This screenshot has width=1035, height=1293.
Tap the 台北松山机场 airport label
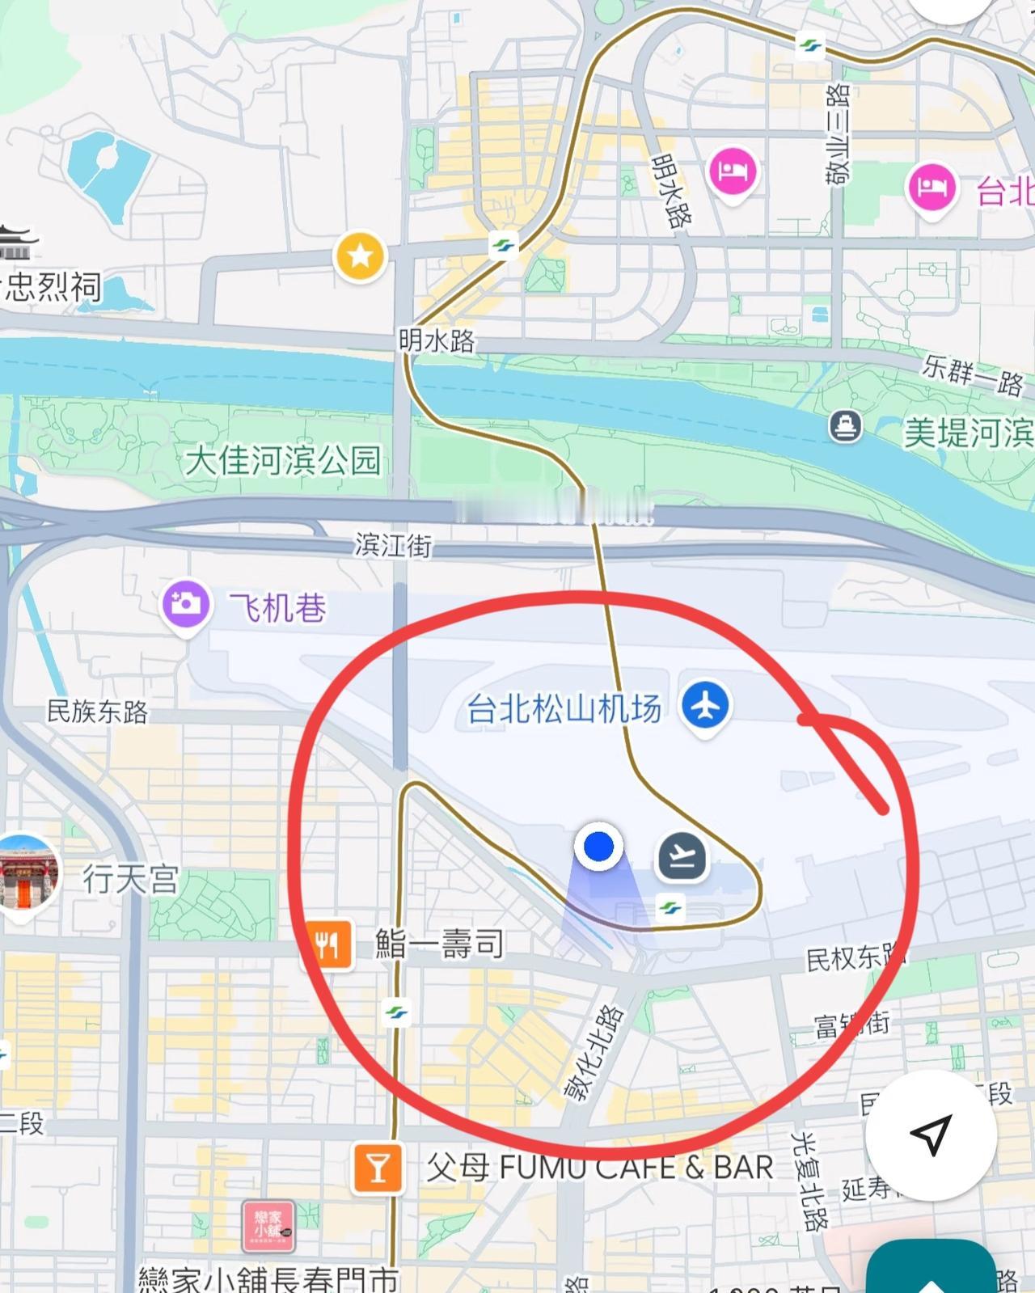tap(564, 709)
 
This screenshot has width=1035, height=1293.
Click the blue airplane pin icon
tap(705, 706)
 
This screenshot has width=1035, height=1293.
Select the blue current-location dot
tap(598, 847)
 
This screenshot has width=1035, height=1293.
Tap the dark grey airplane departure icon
tap(682, 856)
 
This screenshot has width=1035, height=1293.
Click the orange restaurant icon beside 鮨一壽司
tap(327, 944)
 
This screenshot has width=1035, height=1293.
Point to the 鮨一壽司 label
tap(439, 944)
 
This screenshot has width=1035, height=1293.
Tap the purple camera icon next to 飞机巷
tap(186, 604)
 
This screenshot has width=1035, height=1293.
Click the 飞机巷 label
tap(277, 607)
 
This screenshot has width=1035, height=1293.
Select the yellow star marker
tap(360, 256)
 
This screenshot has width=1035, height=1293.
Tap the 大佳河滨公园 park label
tap(283, 460)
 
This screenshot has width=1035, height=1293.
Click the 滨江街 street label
tap(393, 545)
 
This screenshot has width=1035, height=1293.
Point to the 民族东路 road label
tap(98, 712)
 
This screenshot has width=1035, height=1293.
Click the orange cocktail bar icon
tap(378, 1168)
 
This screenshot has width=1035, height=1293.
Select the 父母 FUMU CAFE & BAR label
tap(599, 1168)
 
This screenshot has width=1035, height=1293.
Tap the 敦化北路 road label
tap(594, 1053)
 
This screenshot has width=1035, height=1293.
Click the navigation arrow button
tap(930, 1134)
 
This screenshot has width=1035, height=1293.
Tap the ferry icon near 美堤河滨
tap(845, 426)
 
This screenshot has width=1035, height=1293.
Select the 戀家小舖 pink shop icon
tap(268, 1226)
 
